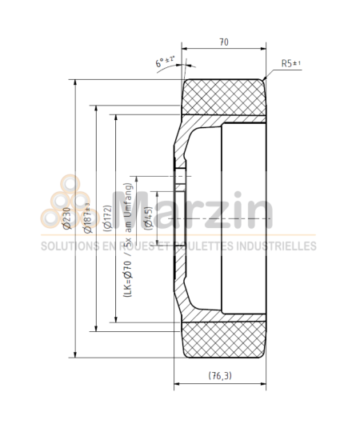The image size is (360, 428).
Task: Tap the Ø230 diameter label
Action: tap(66, 215)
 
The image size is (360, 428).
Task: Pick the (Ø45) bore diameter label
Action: tap(149, 217)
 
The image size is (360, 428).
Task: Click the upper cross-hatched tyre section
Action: tap(224, 97)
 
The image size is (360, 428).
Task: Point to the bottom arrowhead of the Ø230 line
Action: tap(75, 356)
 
